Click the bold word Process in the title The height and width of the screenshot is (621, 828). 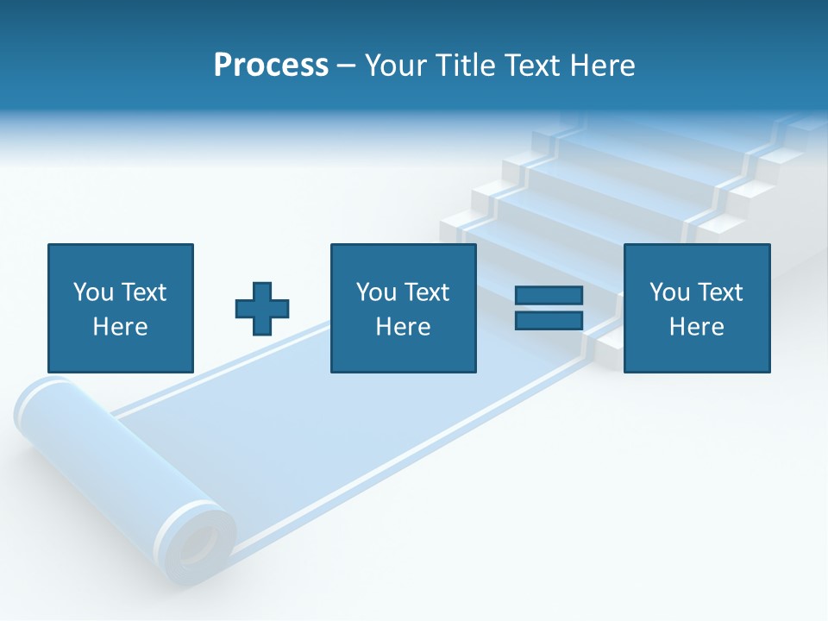[271, 65]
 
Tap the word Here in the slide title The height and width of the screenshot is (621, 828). [601, 65]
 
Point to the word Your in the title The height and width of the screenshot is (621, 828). [396, 65]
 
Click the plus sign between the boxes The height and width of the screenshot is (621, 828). [262, 309]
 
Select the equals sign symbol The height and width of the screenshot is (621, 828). [549, 308]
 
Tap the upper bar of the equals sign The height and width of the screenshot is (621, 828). [549, 296]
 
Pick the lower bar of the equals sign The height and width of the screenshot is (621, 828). [549, 320]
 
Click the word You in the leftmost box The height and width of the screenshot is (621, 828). [92, 292]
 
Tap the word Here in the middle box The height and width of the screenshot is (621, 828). [403, 327]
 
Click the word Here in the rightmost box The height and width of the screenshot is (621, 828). [696, 327]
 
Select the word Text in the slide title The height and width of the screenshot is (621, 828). [532, 65]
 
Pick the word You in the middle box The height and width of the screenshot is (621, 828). [376, 292]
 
